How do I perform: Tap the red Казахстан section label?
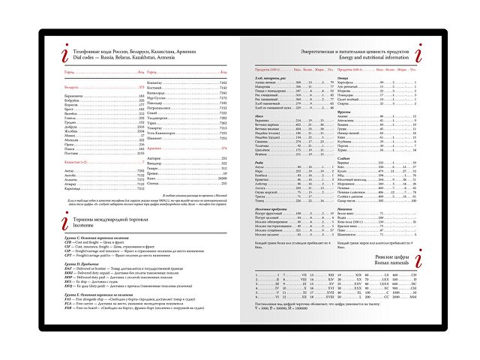pyautogui.click(x=77, y=161)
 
